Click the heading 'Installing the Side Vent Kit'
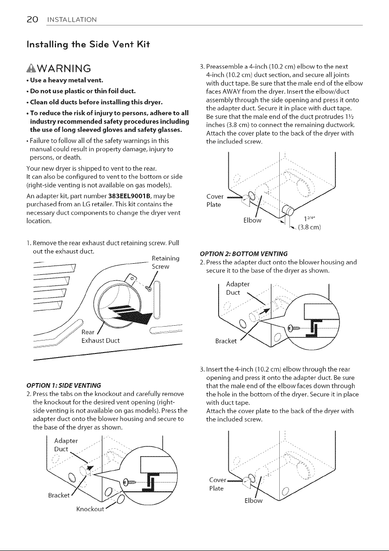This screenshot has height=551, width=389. click(88, 44)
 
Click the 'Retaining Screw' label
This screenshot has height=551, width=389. click(166, 262)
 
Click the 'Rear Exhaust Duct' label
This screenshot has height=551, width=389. click(100, 336)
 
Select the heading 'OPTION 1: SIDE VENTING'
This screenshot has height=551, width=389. click(63, 385)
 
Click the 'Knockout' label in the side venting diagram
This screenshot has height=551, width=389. click(90, 509)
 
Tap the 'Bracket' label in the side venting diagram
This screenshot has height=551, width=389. click(59, 495)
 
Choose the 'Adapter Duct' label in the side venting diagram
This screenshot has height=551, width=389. click(66, 445)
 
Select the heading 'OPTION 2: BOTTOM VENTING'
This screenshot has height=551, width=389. click(244, 254)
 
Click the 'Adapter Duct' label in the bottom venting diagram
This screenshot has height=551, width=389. click(238, 288)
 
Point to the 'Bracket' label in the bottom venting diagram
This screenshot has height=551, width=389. click(226, 341)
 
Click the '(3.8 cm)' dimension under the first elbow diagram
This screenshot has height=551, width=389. click(309, 227)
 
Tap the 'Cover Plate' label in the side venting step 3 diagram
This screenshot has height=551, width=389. click(215, 200)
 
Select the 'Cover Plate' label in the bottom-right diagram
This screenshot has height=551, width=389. click(218, 484)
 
